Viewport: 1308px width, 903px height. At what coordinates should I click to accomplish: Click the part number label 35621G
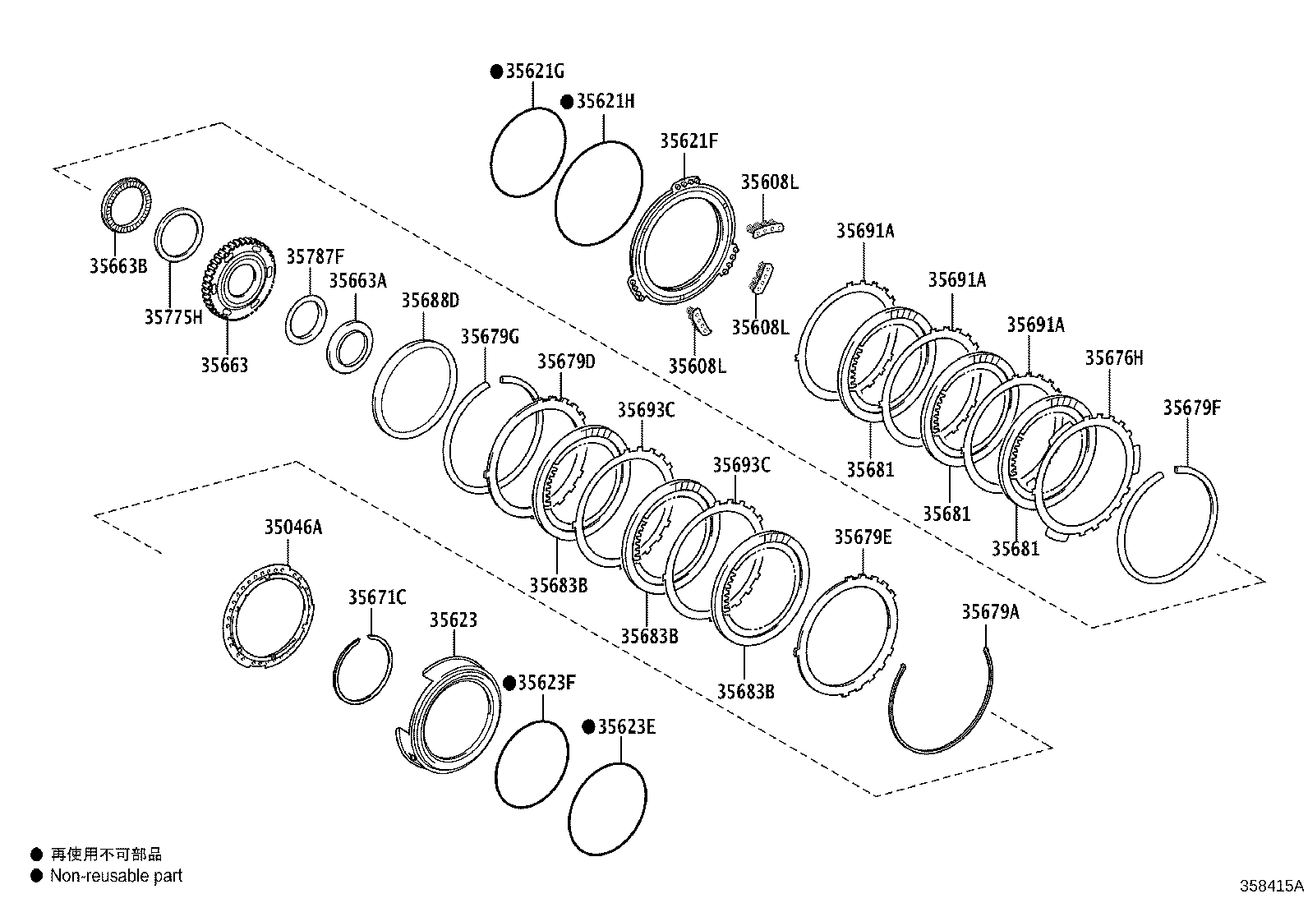pyautogui.click(x=535, y=71)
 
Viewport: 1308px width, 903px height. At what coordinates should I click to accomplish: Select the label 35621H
pyautogui.click(x=606, y=101)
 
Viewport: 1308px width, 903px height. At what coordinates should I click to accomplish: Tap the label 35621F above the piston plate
pyautogui.click(x=689, y=141)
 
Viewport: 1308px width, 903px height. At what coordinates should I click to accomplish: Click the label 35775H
pyautogui.click(x=173, y=317)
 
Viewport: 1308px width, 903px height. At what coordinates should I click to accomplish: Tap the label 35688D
pyautogui.click(x=430, y=300)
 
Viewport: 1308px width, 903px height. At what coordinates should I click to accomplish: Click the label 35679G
pyautogui.click(x=490, y=336)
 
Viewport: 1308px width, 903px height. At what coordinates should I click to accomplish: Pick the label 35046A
pyautogui.click(x=293, y=528)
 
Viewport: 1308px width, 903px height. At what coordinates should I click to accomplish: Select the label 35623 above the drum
pyautogui.click(x=453, y=620)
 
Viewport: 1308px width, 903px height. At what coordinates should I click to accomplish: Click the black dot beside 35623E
pyautogui.click(x=588, y=727)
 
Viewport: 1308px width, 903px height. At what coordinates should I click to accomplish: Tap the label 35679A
pyautogui.click(x=990, y=611)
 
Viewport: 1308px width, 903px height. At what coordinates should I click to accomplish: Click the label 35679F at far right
pyautogui.click(x=1192, y=408)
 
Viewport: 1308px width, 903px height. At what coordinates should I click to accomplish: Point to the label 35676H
pyautogui.click(x=1114, y=357)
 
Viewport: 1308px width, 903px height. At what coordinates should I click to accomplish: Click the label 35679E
pyautogui.click(x=863, y=537)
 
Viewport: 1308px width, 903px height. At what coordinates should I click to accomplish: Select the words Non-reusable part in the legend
pyautogui.click(x=116, y=876)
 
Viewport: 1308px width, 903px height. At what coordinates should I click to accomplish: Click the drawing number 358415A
pyautogui.click(x=1271, y=887)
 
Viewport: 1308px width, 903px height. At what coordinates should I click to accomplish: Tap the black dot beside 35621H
pyautogui.click(x=567, y=101)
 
